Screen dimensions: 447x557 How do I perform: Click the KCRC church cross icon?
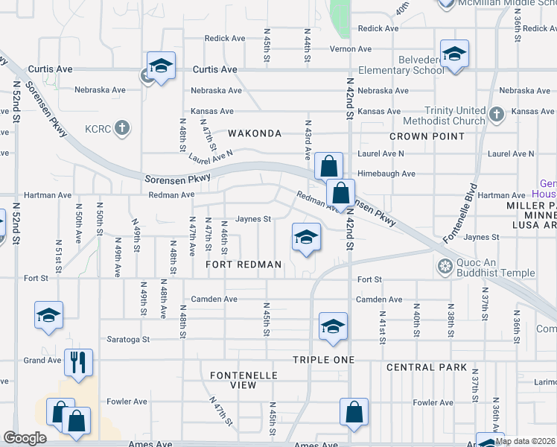click(123, 128)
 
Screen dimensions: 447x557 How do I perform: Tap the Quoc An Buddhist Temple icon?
click(445, 266)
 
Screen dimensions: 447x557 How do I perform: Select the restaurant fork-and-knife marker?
click(78, 363)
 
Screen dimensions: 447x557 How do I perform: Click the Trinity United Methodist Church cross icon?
click(497, 114)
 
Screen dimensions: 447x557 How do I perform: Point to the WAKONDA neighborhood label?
click(255, 133)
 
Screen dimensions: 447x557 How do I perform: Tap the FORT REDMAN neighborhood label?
click(244, 264)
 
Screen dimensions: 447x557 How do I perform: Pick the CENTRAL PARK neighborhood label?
click(427, 367)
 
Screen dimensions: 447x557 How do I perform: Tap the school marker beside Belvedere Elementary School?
click(454, 54)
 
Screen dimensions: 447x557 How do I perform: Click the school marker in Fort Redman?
click(305, 238)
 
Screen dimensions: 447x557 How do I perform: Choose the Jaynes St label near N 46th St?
click(252, 219)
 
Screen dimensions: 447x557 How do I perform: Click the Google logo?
click(25, 438)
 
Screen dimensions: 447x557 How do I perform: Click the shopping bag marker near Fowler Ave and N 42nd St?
click(354, 413)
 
